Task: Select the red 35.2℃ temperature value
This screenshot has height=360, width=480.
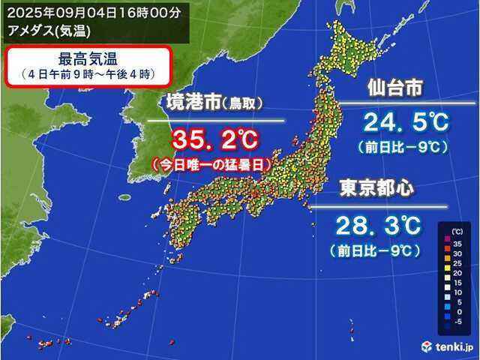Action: tap(215, 139)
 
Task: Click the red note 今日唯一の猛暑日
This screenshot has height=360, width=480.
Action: tap(211, 162)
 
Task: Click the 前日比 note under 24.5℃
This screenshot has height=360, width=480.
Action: tap(404, 146)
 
